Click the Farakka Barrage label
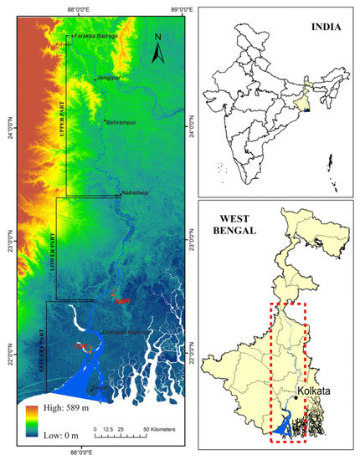click(96, 37)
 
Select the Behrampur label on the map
click(121, 121)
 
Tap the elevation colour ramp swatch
click(30, 421)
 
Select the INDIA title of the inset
click(324, 27)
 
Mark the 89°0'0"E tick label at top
click(181, 8)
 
